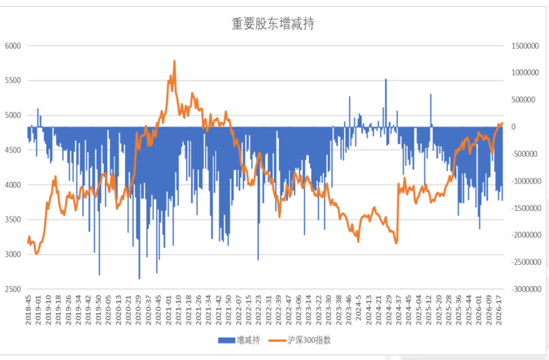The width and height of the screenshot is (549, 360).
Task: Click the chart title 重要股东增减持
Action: (x=273, y=24)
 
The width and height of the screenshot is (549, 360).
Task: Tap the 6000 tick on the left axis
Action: (x=13, y=46)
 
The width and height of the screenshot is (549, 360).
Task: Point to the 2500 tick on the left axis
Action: (x=13, y=289)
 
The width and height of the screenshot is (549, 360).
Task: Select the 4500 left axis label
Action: (x=13, y=150)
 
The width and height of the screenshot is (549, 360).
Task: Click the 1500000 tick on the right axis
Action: (x=525, y=46)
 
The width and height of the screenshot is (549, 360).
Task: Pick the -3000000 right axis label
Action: (x=526, y=289)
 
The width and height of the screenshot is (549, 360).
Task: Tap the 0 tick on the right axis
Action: (x=513, y=127)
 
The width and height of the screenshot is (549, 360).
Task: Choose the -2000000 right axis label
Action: (x=526, y=235)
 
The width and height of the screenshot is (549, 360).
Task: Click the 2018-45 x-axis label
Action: (x=28, y=310)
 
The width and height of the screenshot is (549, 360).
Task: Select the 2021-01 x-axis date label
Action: (x=169, y=310)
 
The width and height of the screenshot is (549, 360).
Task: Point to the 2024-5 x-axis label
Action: (x=358, y=308)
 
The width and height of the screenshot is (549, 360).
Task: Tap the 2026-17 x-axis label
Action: (x=499, y=310)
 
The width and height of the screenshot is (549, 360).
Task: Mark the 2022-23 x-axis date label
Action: (x=258, y=310)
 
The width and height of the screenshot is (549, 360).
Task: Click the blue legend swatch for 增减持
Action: (x=226, y=340)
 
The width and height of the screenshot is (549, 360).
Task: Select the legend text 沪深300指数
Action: (x=309, y=340)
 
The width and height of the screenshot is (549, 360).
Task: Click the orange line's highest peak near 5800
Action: (x=174, y=62)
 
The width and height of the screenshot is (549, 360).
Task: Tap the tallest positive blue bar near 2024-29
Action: (x=386, y=103)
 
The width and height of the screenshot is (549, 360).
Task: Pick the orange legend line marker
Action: (x=277, y=340)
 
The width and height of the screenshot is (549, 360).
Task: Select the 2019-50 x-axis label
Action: (x=99, y=310)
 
